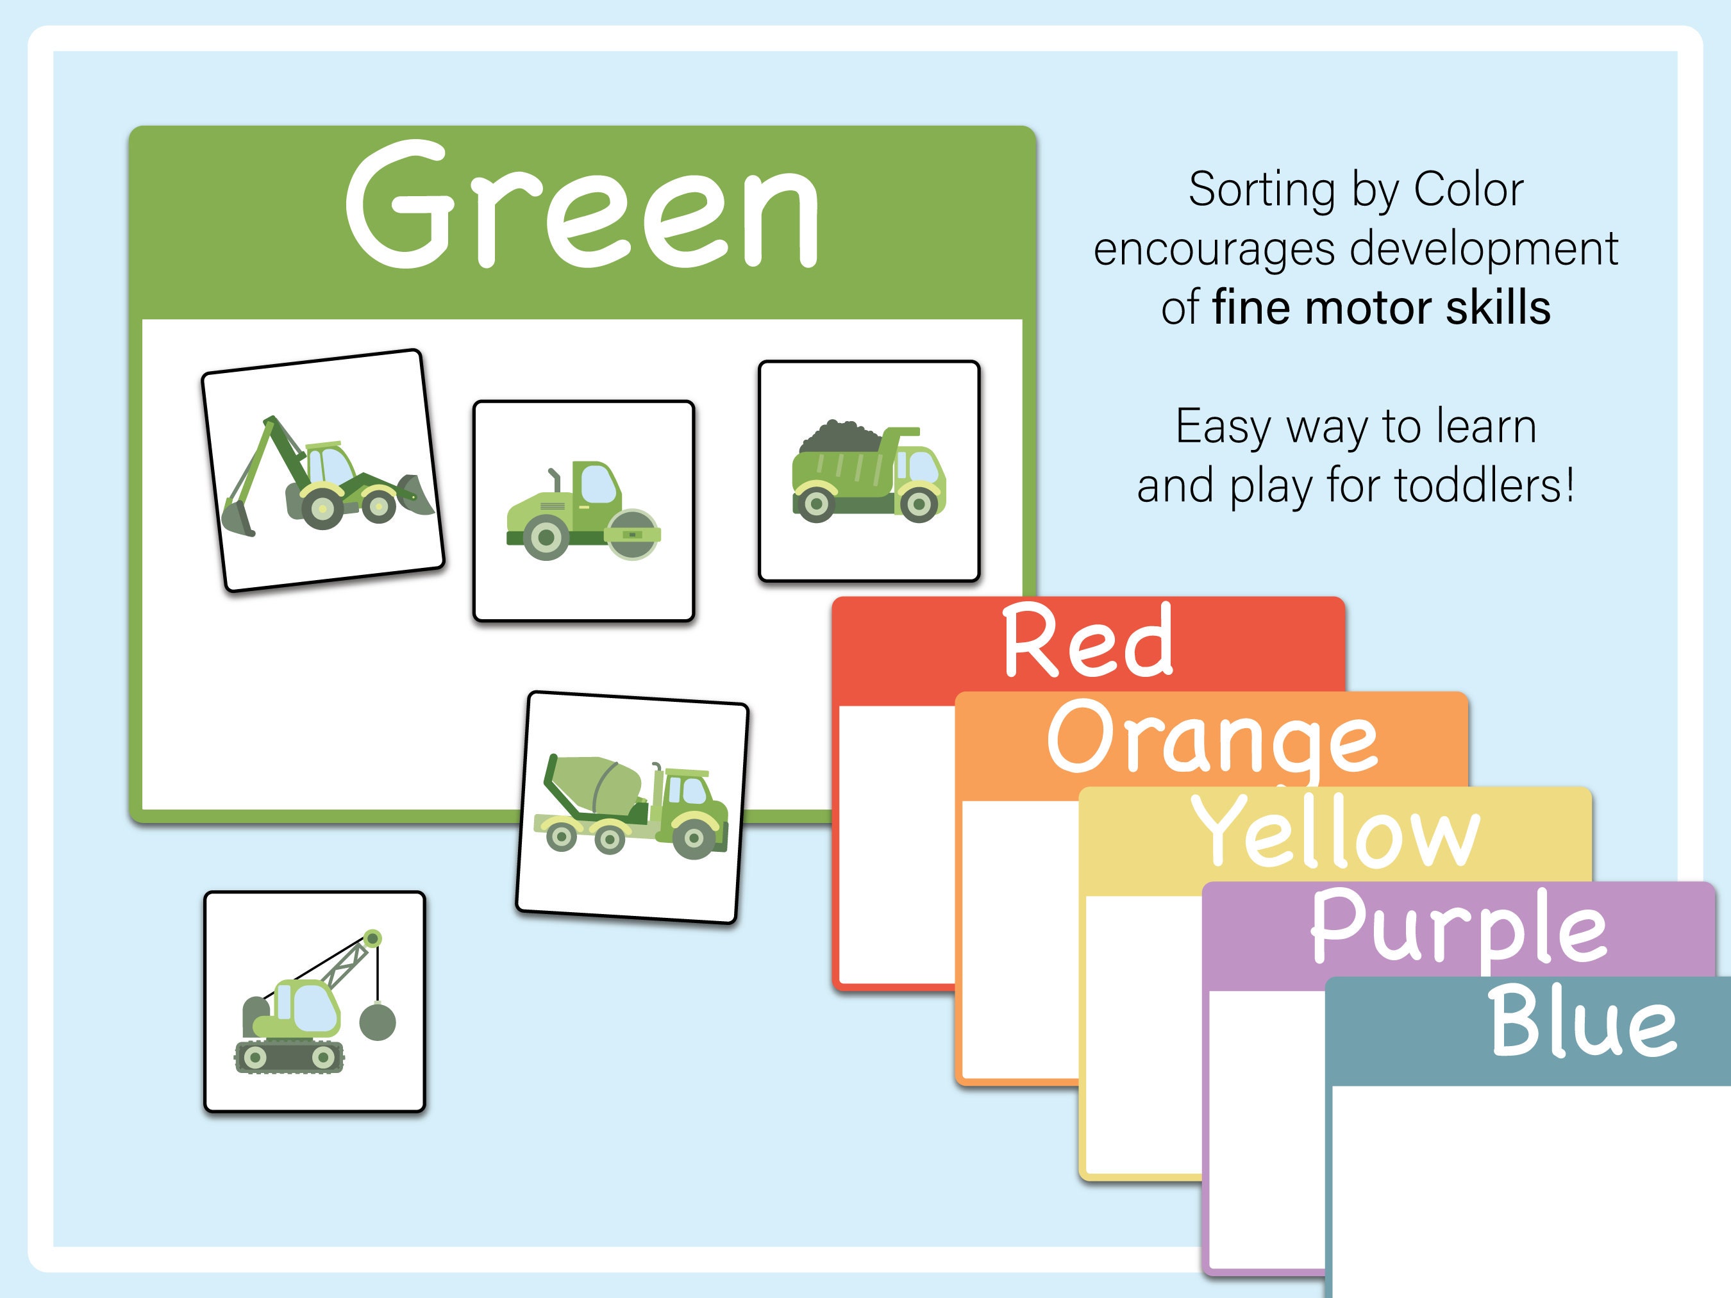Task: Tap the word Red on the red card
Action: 1088,642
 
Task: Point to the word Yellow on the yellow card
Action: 1335,833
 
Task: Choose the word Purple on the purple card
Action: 1459,927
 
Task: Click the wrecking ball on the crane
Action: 377,1022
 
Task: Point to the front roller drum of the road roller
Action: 632,535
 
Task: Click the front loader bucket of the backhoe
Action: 414,494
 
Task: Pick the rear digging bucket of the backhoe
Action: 238,517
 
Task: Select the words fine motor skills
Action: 1381,308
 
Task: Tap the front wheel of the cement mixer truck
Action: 693,838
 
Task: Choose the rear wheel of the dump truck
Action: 815,504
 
